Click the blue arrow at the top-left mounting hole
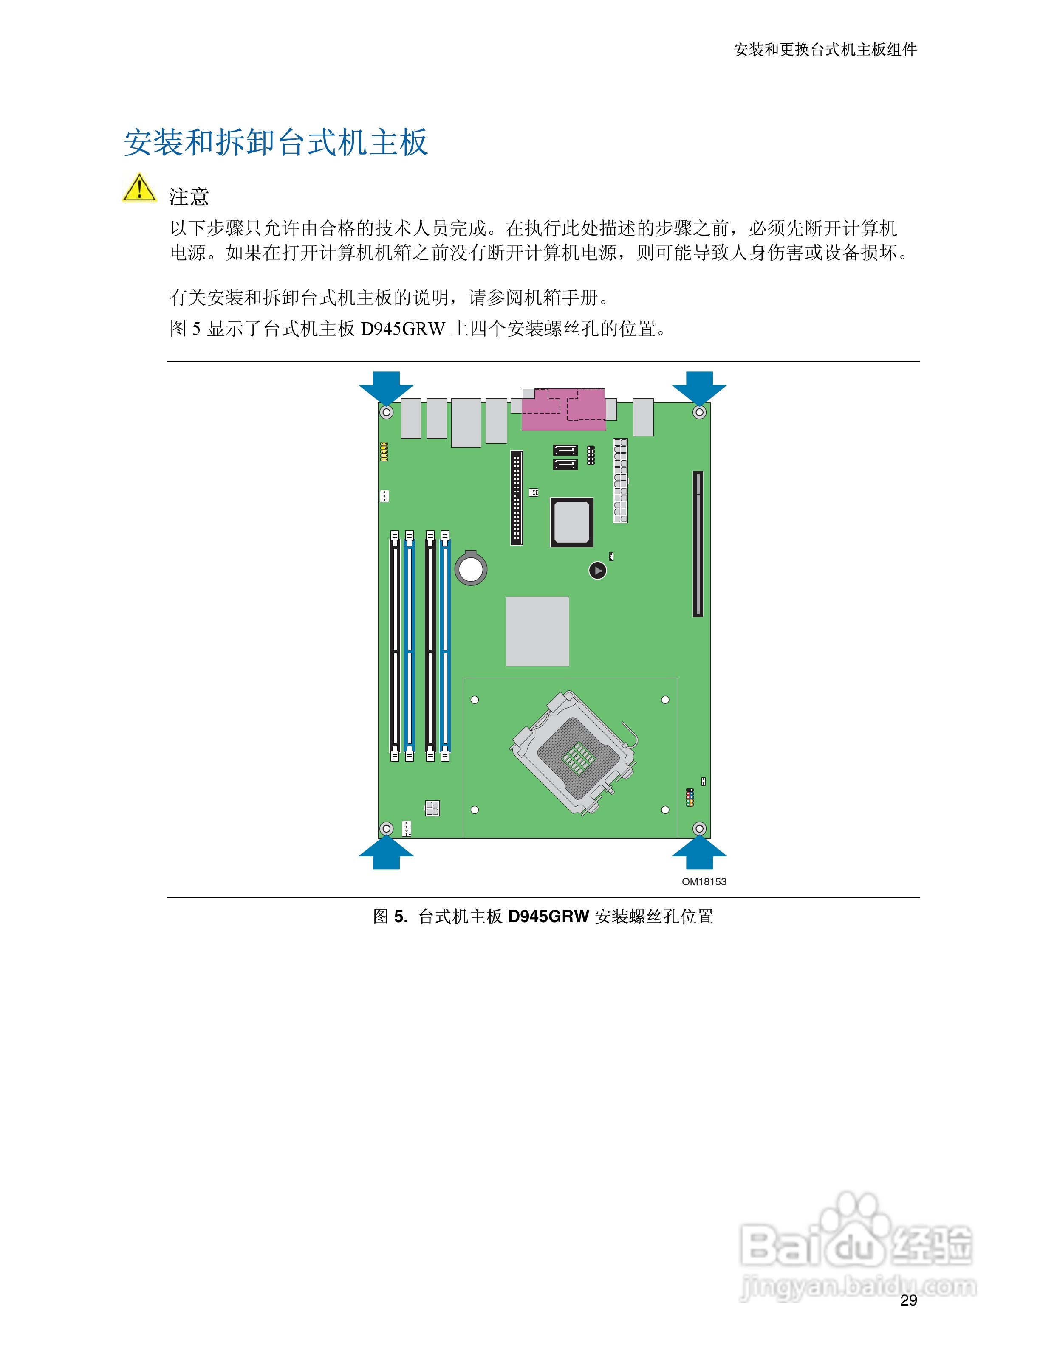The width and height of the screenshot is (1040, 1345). [386, 386]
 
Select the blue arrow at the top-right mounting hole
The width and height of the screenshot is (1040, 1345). [699, 386]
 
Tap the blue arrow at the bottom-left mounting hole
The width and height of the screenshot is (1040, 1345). [386, 854]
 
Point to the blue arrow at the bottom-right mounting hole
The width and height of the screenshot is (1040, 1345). [699, 854]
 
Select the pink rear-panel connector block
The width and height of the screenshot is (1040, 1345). [564, 410]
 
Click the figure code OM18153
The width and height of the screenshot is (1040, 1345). [704, 881]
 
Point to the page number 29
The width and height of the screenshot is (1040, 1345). [908, 1300]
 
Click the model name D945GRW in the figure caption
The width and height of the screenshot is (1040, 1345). [548, 916]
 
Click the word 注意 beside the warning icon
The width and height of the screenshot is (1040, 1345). [189, 197]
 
